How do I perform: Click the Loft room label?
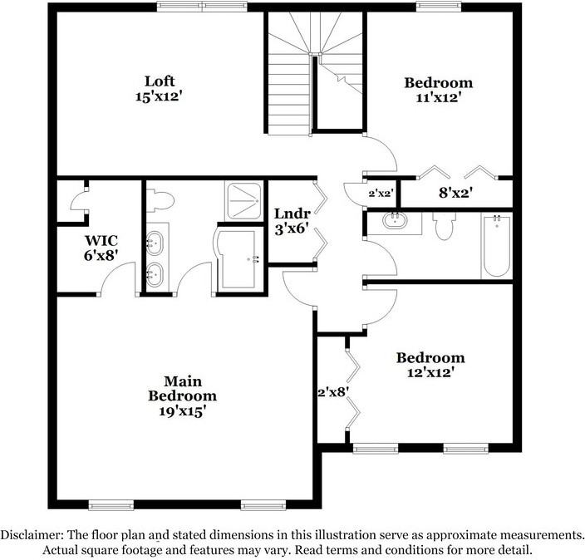(x=160, y=81)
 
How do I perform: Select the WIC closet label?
(x=100, y=240)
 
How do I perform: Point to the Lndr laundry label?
(x=291, y=214)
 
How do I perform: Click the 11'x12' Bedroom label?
(x=438, y=83)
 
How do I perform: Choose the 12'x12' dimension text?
(x=430, y=372)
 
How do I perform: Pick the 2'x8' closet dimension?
(x=331, y=389)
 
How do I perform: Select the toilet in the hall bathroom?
(x=443, y=226)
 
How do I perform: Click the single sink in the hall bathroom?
(x=393, y=222)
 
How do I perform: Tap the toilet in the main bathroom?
(x=160, y=199)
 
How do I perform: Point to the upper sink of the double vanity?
(x=155, y=243)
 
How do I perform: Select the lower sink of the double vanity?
(x=155, y=273)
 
